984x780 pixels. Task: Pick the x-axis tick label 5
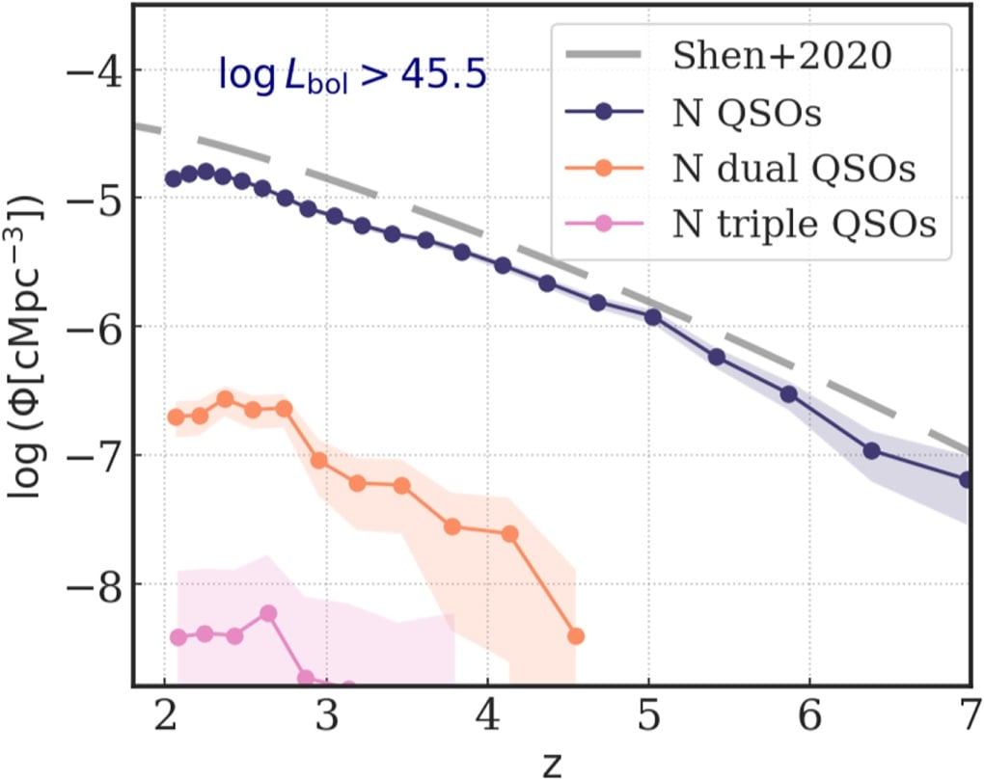pos(648,717)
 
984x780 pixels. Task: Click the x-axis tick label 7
pos(969,717)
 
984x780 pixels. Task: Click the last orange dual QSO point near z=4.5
pos(576,635)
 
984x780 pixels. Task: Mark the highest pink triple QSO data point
pos(268,613)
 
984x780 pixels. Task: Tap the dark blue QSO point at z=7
pos(968,479)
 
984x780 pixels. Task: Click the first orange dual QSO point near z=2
pos(176,417)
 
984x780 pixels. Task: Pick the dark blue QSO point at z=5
pos(653,316)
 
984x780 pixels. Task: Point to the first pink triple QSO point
pos(178,636)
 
